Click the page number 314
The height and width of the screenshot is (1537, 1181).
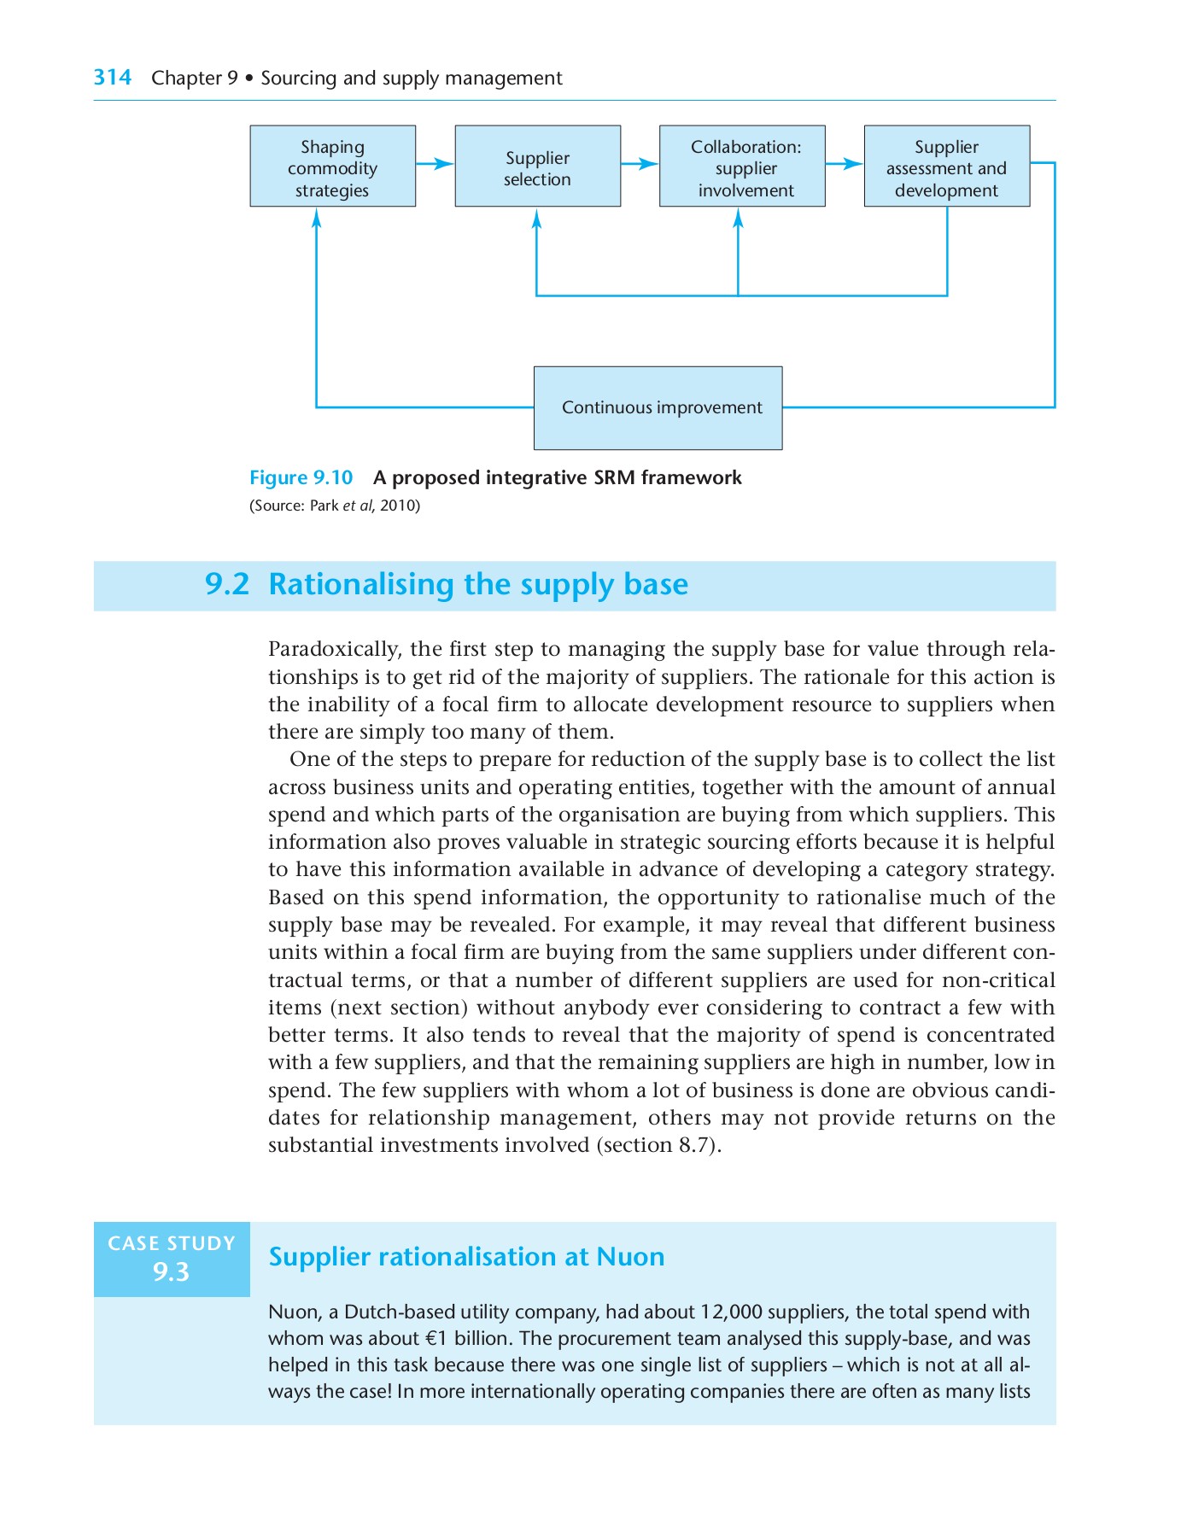point(112,78)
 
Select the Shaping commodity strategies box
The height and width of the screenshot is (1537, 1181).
point(332,167)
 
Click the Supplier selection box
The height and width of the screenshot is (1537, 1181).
point(537,167)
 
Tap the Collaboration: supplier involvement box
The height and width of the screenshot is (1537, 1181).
point(742,167)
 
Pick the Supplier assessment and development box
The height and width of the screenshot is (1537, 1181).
point(946,167)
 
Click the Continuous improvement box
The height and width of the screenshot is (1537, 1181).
point(658,408)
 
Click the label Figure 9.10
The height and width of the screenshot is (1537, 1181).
point(301,477)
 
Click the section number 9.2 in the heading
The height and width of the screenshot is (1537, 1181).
point(227,585)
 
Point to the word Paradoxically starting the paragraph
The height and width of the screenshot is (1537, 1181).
point(334,649)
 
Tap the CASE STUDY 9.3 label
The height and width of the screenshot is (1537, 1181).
point(172,1259)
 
